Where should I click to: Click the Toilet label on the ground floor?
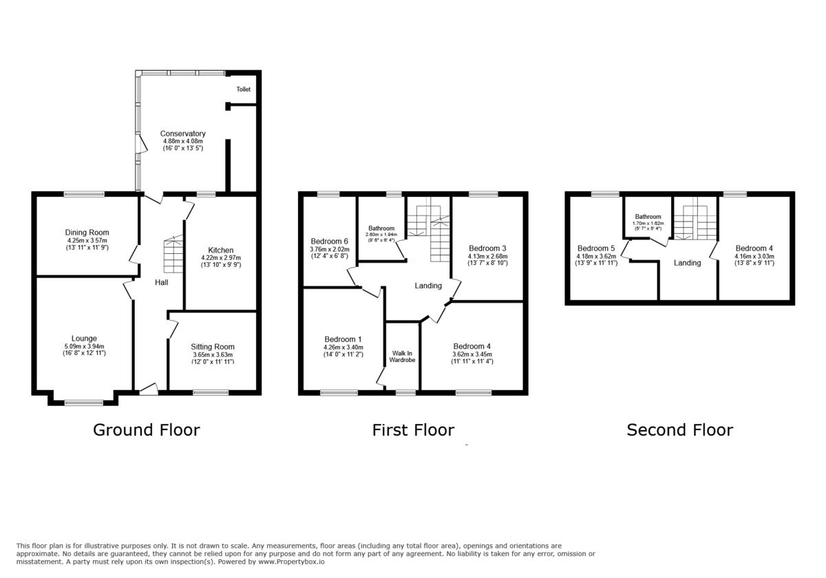[244, 89]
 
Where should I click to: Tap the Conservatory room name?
[182, 133]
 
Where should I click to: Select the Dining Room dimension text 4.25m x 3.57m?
[87, 240]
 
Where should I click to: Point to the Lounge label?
[84, 339]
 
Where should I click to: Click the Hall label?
[162, 282]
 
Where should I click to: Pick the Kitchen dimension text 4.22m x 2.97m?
[221, 257]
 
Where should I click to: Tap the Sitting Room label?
[213, 347]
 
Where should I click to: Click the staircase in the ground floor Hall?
[173, 254]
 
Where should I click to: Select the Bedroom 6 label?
[329, 242]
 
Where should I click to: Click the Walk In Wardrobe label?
[402, 356]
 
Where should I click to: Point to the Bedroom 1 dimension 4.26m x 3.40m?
[343, 347]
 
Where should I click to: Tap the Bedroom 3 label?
[487, 248]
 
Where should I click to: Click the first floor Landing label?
[428, 286]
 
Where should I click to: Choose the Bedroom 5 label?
[596, 248]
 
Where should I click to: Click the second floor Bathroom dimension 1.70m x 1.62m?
[648, 224]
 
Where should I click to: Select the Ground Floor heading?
[147, 430]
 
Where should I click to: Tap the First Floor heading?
[413, 430]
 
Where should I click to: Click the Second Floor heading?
[680, 430]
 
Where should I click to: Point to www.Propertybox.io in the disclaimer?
[291, 562]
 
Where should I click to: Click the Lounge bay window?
[84, 403]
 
